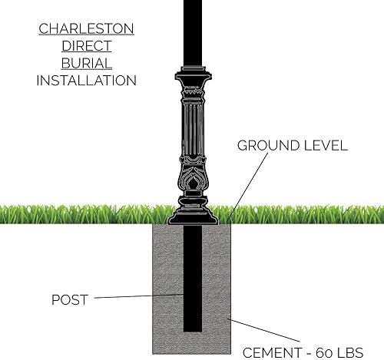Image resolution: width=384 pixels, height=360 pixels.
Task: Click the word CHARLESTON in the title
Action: click(x=86, y=29)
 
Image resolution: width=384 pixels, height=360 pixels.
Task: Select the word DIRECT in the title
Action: click(x=86, y=46)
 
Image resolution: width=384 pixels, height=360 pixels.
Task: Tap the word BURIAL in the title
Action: click(x=86, y=63)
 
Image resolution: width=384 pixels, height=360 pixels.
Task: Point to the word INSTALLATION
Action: click(x=86, y=81)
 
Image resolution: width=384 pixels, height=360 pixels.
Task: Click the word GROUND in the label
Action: click(x=266, y=145)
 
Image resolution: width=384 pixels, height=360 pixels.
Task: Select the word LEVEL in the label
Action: click(x=325, y=145)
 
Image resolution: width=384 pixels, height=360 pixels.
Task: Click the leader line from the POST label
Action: click(x=142, y=296)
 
